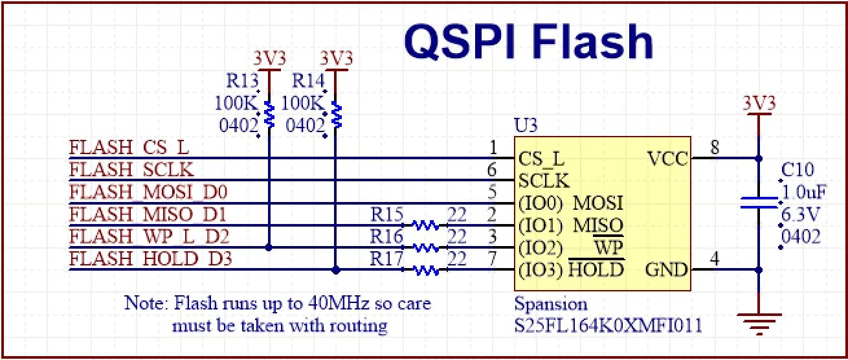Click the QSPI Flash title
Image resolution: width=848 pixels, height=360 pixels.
(x=528, y=43)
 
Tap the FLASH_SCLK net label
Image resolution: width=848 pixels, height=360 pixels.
(x=132, y=170)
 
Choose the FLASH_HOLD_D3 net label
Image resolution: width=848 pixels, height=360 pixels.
(x=151, y=259)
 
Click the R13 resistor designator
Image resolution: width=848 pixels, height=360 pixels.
(x=242, y=81)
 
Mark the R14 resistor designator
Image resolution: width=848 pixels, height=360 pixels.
(x=308, y=81)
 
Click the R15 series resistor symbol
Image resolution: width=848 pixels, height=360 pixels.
(x=425, y=225)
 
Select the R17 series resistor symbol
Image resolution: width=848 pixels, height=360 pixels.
(x=425, y=270)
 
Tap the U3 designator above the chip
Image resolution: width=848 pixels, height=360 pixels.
(x=525, y=125)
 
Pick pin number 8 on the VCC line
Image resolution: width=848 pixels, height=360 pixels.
(x=715, y=148)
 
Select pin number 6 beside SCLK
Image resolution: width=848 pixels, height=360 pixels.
(x=493, y=170)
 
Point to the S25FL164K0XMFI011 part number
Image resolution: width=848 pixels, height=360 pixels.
(x=608, y=324)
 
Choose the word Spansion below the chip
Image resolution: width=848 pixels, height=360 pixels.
(x=551, y=304)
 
